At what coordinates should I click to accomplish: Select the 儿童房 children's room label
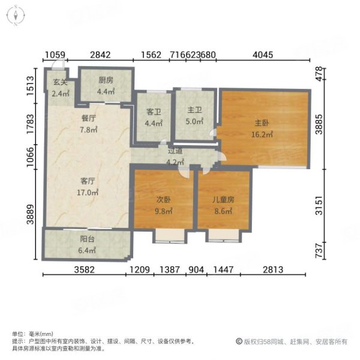tap(223, 201)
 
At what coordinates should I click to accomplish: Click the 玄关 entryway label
tap(60, 83)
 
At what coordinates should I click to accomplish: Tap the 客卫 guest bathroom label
tap(151, 112)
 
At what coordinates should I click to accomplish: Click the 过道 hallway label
tap(175, 152)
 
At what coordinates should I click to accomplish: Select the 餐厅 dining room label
tap(89, 119)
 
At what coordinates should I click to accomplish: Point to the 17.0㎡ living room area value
tap(89, 193)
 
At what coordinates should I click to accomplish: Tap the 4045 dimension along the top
tap(262, 55)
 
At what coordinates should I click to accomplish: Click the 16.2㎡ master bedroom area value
tap(262, 135)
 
